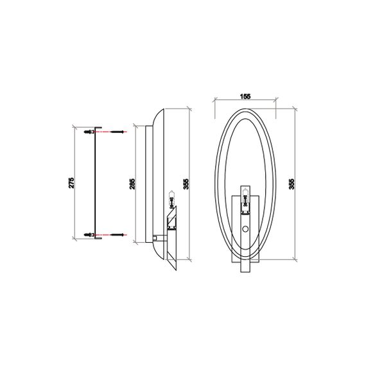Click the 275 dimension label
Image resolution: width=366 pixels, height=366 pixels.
tap(72, 182)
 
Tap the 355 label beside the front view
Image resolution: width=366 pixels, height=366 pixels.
tap(293, 183)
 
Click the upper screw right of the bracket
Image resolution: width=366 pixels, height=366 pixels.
tap(118, 132)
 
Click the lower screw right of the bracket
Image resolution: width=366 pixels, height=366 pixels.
tap(118, 234)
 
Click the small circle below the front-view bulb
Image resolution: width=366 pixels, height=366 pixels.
tap(245, 230)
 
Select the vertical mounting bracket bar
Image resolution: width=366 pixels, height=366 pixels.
tap(96, 183)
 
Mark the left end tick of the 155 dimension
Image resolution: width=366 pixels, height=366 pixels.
tap(214, 101)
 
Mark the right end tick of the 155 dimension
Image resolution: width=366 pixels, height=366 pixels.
tap(275, 101)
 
